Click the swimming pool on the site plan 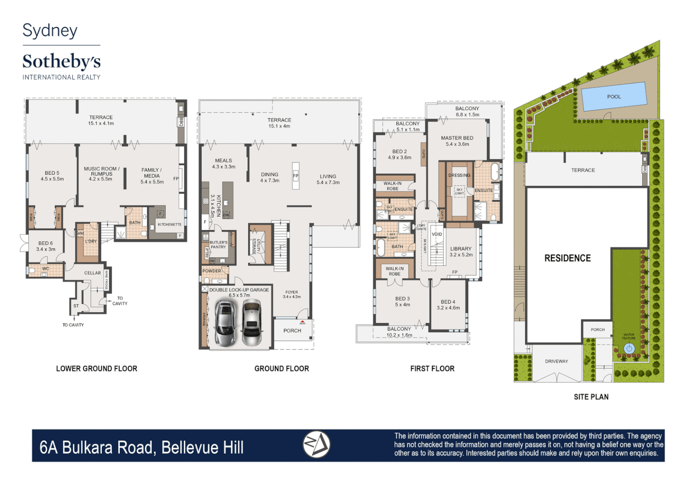pyautogui.click(x=614, y=96)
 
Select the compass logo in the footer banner pyautogui.click(x=316, y=445)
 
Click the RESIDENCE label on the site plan pyautogui.click(x=567, y=258)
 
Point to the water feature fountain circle pyautogui.click(x=629, y=348)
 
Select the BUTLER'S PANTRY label pyautogui.click(x=218, y=244)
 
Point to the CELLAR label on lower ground pyautogui.click(x=93, y=273)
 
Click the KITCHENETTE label pyautogui.click(x=169, y=225)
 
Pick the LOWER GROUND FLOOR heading pyautogui.click(x=97, y=369)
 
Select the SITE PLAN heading pyautogui.click(x=591, y=397)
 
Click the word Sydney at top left pyautogui.click(x=50, y=30)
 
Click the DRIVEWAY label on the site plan pyautogui.click(x=557, y=361)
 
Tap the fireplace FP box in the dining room pyautogui.click(x=295, y=176)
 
